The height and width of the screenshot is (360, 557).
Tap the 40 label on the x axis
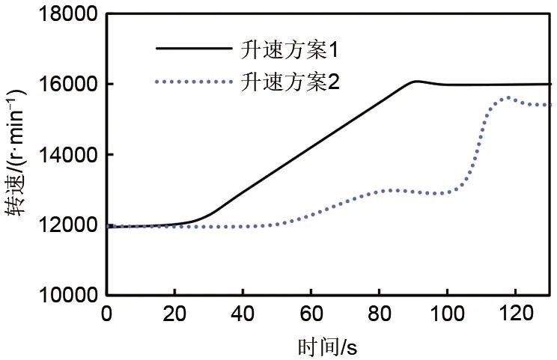coord(243,314)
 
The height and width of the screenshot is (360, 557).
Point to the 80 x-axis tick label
coord(380,314)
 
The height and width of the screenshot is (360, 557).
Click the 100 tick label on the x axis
coord(448,314)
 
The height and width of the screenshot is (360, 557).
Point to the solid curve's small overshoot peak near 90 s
coord(417,81)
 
